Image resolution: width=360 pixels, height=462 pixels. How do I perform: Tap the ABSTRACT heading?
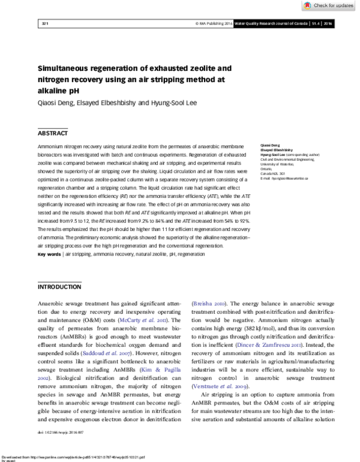[x=53, y=133]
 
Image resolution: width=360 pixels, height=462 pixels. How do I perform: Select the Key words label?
[x=49, y=254]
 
